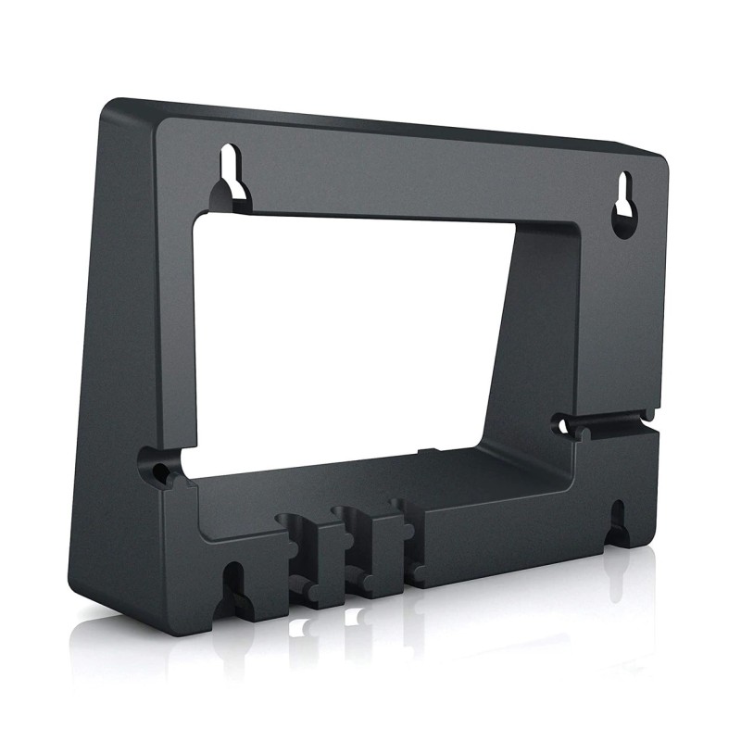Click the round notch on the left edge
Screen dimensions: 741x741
(154, 462)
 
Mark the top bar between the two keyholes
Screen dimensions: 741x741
(417, 176)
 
